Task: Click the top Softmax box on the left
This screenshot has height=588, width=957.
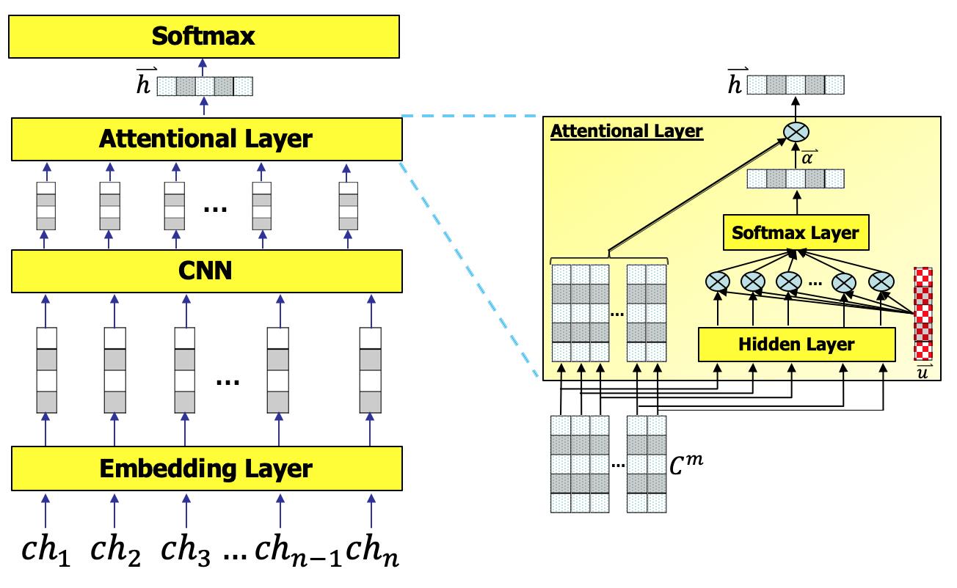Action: click(x=204, y=37)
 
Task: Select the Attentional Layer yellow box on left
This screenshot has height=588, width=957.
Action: click(x=206, y=139)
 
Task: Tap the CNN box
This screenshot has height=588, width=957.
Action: click(x=206, y=271)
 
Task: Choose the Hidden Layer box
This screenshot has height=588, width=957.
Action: click(x=796, y=344)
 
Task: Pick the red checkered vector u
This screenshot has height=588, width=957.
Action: click(x=923, y=313)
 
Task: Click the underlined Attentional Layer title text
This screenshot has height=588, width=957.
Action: click(x=627, y=132)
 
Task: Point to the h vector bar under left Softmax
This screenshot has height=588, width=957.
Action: click(x=205, y=87)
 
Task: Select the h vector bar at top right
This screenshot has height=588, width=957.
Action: click(x=796, y=85)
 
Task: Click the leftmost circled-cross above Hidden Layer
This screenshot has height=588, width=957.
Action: click(x=716, y=281)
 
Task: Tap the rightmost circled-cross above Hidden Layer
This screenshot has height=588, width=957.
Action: click(x=881, y=281)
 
